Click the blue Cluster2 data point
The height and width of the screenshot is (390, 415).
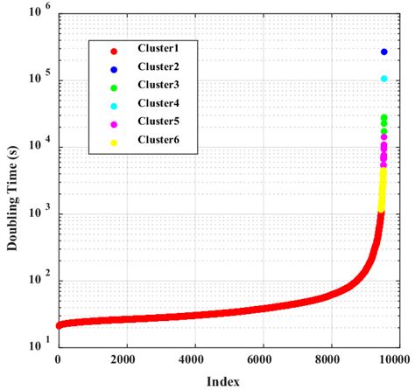pos(383,52)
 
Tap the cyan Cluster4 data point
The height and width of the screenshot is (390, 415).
pos(383,79)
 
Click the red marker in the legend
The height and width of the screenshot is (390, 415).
pos(114,49)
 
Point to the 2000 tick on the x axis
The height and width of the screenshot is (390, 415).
pos(125,359)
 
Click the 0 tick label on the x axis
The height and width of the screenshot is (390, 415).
pos(58,359)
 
